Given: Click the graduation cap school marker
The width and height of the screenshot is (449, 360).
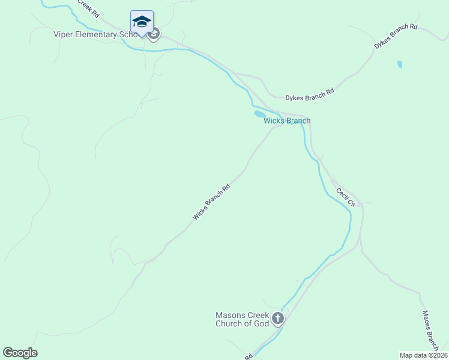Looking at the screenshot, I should tap(142, 22).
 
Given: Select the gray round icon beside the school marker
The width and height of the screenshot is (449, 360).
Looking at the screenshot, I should tap(154, 34).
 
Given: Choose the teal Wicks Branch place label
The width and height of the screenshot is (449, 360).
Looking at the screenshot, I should tap(287, 121).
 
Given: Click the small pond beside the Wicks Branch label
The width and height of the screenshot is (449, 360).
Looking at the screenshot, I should tap(259, 113).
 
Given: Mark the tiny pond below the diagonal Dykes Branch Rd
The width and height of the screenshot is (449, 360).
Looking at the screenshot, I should tap(400, 64).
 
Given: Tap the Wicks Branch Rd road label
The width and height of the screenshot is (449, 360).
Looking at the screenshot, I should tap(211, 202).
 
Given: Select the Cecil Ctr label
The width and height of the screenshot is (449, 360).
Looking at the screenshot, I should tap(346, 197).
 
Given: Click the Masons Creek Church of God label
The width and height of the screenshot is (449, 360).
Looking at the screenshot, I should tap(243, 319).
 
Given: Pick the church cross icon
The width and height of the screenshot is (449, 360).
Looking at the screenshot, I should tap(277, 319).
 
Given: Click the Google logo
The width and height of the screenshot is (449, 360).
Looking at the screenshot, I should tap(20, 353).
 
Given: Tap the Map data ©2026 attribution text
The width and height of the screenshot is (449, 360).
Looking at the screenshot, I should tap(423, 355).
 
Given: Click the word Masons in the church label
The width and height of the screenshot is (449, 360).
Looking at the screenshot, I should tap(230, 315).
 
